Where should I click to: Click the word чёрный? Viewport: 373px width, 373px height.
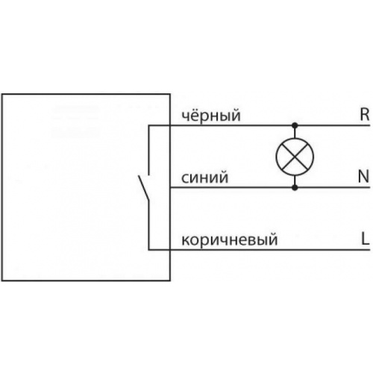pyautogui.click(x=211, y=115)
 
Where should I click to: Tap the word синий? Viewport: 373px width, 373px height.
pyautogui.click(x=204, y=178)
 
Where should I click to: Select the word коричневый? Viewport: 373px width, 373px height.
pyautogui.click(x=229, y=239)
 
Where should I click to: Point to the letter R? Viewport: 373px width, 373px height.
pyautogui.click(x=365, y=115)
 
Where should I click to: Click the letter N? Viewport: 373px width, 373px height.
pyautogui.click(x=363, y=177)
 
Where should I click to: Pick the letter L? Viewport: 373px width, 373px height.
pyautogui.click(x=365, y=239)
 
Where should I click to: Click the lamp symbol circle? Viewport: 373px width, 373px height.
pyautogui.click(x=295, y=138)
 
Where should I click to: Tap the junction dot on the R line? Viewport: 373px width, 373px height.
pyautogui.click(x=295, y=125)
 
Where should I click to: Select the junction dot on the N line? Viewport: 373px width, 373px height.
pyautogui.click(x=295, y=187)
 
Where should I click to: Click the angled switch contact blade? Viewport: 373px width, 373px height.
pyautogui.click(x=144, y=188)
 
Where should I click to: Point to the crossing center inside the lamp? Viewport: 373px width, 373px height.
pyautogui.click(x=295, y=157)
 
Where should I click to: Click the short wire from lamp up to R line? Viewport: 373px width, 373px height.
pyautogui.click(x=295, y=132)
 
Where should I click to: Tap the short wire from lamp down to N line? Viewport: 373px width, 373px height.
pyautogui.click(x=295, y=181)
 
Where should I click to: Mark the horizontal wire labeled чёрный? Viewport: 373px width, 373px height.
pyautogui.click(x=259, y=125)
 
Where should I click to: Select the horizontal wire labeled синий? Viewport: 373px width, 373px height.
pyautogui.click(x=270, y=187)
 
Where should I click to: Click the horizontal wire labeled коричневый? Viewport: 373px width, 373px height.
pyautogui.click(x=259, y=250)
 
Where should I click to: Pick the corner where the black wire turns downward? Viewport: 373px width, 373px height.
pyautogui.click(x=148, y=125)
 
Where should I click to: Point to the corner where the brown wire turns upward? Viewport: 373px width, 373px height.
pyautogui.click(x=148, y=250)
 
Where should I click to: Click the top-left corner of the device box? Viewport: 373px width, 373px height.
pyautogui.click(x=2, y=94)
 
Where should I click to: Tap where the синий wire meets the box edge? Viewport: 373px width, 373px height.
pyautogui.click(x=170, y=187)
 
